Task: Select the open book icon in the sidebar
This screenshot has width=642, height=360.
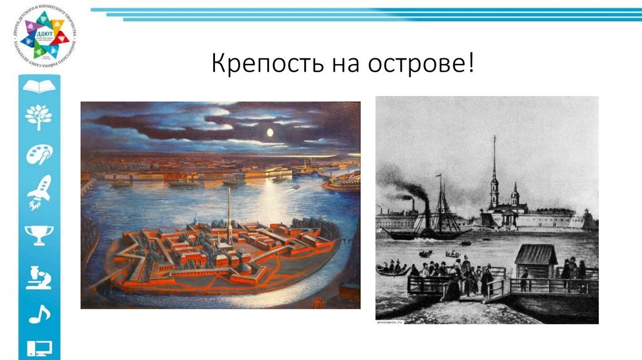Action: [39, 86]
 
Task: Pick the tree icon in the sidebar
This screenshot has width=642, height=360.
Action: [39, 117]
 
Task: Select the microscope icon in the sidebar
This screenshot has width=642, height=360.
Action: [39, 276]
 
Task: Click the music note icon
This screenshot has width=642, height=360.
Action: [39, 313]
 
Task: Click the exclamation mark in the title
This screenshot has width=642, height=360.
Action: [470, 63]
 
